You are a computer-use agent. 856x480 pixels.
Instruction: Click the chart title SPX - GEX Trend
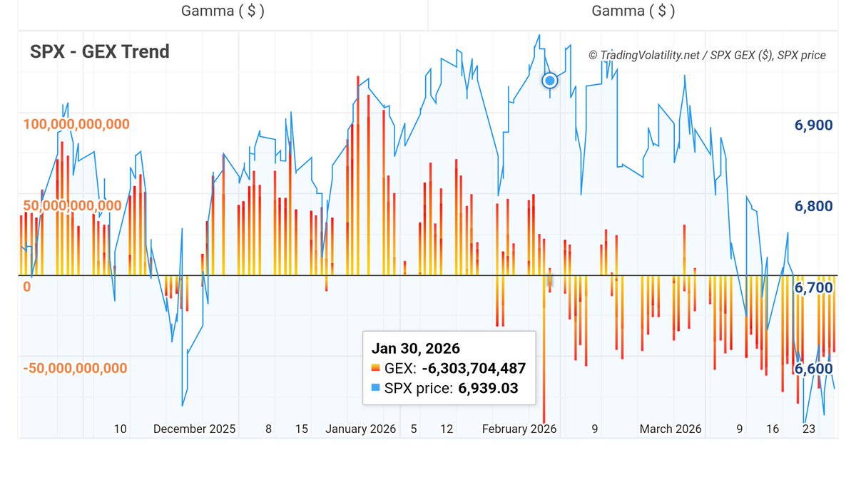[x=100, y=51]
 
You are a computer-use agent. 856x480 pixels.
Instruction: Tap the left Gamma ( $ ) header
[x=223, y=11]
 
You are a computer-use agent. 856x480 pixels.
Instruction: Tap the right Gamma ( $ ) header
[x=633, y=11]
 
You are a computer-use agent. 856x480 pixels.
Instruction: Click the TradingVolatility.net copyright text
[x=707, y=55]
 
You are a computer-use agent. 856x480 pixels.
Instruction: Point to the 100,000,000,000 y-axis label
[x=76, y=124]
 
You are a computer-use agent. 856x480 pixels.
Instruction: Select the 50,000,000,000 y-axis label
[x=71, y=205]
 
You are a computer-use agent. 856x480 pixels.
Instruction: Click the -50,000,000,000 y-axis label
[x=74, y=368]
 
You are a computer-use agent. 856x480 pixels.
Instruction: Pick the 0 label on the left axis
[x=27, y=287]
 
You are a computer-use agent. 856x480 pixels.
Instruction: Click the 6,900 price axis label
[x=813, y=126]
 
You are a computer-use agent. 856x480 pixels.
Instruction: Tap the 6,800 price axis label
[x=813, y=207]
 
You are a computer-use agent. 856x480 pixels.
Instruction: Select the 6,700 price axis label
[x=813, y=287]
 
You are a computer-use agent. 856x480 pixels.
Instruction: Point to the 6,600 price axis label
[x=813, y=369]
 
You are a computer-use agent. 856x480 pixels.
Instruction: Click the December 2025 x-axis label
[x=194, y=429]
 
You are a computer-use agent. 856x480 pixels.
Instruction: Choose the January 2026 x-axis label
[x=360, y=429]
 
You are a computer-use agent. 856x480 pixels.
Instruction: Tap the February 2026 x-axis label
[x=519, y=429]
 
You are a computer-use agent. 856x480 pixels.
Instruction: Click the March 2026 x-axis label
[x=671, y=429]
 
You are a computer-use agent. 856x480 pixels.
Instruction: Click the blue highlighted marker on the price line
[x=550, y=80]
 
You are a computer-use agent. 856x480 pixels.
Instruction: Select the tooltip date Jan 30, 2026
[x=415, y=349]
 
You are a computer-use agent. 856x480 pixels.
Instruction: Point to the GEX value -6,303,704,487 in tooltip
[x=474, y=369]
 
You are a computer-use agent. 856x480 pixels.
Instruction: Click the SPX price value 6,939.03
[x=488, y=389]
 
